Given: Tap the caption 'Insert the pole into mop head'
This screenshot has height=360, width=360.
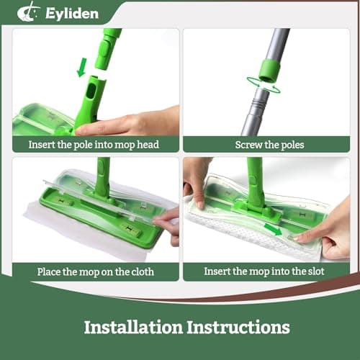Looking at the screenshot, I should [x=94, y=144].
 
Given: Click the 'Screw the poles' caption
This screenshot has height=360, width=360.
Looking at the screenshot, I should [x=269, y=144].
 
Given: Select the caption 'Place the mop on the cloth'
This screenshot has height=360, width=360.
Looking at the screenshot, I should [x=94, y=272].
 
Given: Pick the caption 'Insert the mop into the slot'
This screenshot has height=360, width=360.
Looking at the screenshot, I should [x=269, y=272].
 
